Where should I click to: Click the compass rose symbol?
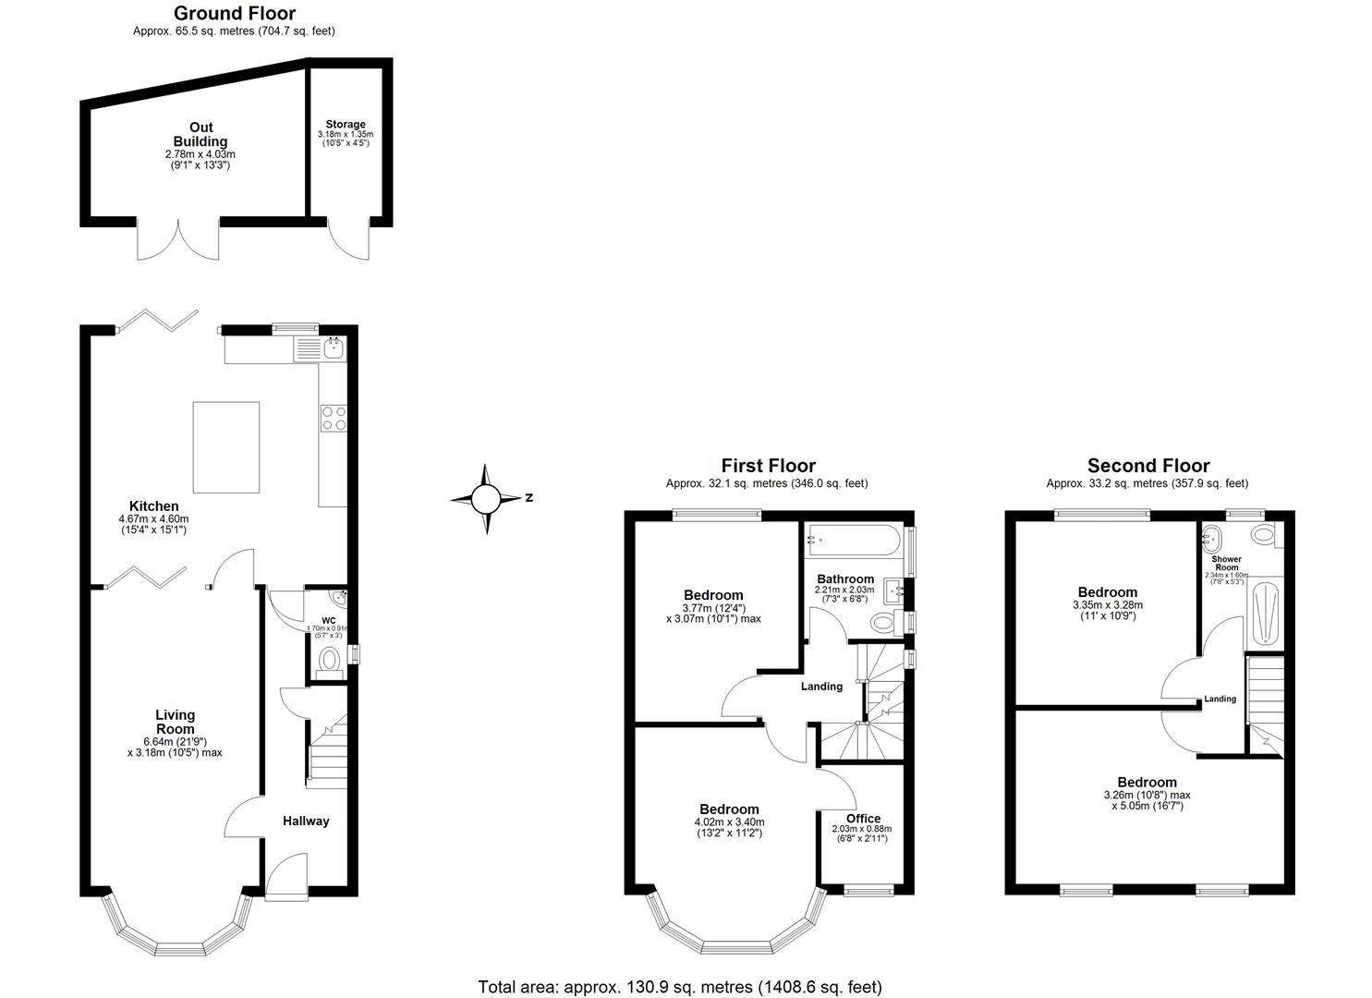(x=486, y=499)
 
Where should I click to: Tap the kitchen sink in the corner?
(x=332, y=348)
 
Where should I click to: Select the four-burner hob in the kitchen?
(x=333, y=419)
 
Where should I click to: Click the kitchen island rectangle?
(x=225, y=447)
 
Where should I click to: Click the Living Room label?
(x=175, y=722)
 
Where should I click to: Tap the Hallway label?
(x=306, y=821)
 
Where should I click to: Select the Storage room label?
(x=345, y=124)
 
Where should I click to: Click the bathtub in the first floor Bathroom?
(x=851, y=540)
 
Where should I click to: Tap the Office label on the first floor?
(x=863, y=818)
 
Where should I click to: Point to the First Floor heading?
(x=768, y=466)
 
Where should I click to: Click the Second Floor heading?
(x=1147, y=466)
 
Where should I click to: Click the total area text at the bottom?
(x=679, y=986)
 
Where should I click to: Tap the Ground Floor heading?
(x=235, y=13)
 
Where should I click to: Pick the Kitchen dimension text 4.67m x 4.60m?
(x=153, y=519)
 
